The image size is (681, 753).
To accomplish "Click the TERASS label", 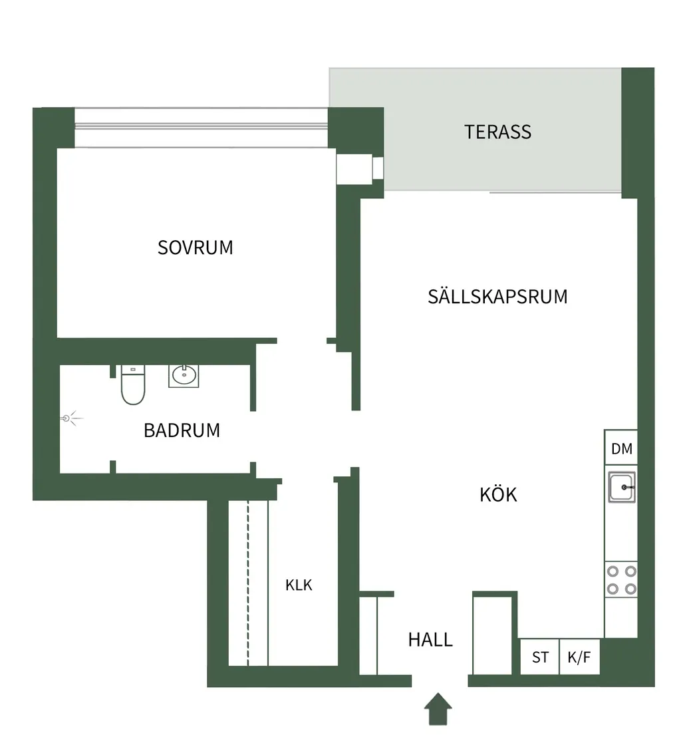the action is (497, 132).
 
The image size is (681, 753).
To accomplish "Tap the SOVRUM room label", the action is (196, 248).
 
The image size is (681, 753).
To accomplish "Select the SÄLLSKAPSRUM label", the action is (497, 296).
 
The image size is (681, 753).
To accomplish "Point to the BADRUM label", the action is (182, 430).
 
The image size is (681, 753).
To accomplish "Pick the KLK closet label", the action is (299, 585).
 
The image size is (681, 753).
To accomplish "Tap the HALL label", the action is (430, 640).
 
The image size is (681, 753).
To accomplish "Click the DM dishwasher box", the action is (621, 448).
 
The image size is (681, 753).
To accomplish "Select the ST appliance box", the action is (540, 657).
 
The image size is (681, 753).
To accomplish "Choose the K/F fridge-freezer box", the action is (580, 657).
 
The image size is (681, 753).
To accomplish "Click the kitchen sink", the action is (621, 487).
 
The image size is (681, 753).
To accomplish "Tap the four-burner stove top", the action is (621, 579).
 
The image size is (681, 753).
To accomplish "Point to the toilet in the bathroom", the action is (133, 384).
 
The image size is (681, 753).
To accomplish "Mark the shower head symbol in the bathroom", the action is (71, 418).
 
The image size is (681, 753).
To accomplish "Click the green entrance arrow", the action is (438, 709).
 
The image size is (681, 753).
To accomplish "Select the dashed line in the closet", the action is (248, 583).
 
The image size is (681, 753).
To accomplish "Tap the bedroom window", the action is (202, 127).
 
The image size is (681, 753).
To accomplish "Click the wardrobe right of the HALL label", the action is (492, 635).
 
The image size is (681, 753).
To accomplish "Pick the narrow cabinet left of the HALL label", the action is (368, 635).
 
